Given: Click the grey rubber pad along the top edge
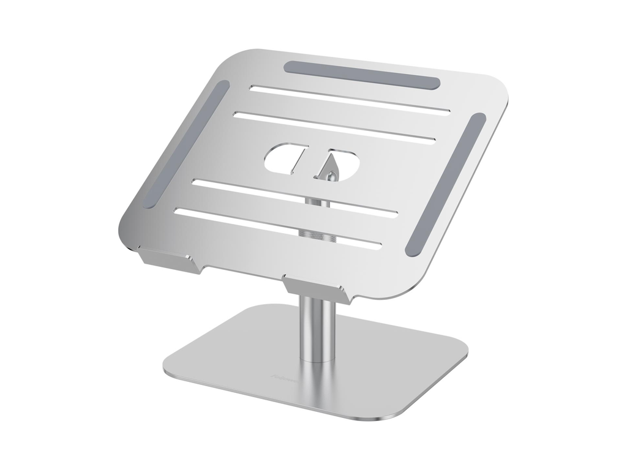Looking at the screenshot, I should (x=362, y=74).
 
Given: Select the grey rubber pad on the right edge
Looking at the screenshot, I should (x=446, y=184).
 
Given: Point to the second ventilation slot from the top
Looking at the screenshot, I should (x=335, y=125).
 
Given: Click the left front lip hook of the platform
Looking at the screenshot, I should (x=165, y=258).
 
